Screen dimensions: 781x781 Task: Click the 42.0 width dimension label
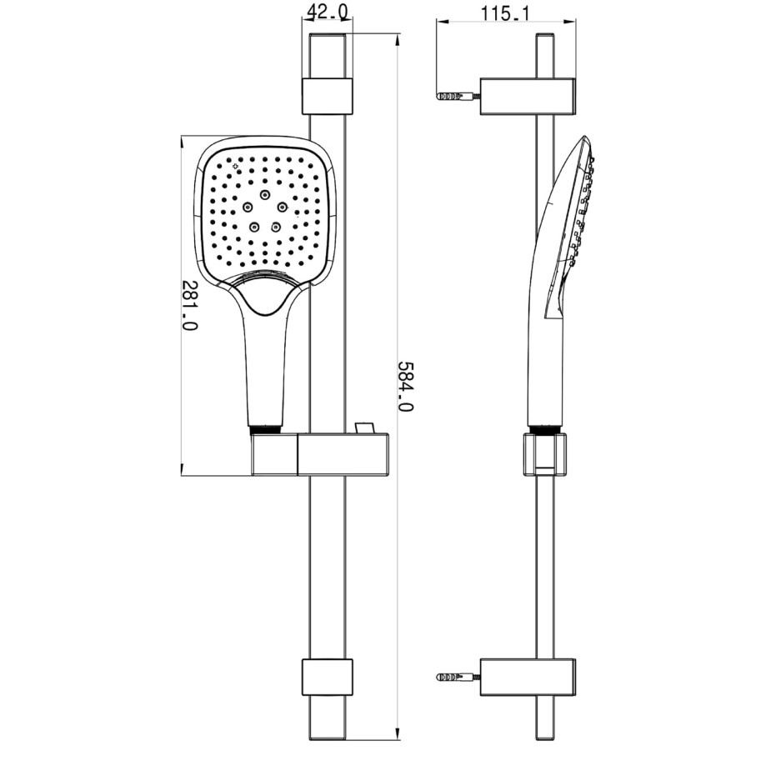pos(326,11)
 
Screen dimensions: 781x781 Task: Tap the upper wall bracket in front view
pos(326,96)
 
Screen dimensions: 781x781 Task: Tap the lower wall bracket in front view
pos(326,678)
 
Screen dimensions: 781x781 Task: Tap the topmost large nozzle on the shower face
pos(265,196)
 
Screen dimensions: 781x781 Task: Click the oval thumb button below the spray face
pos(266,297)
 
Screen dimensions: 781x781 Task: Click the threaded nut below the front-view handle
pos(264,429)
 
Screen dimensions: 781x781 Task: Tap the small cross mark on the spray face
pos(236,167)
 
